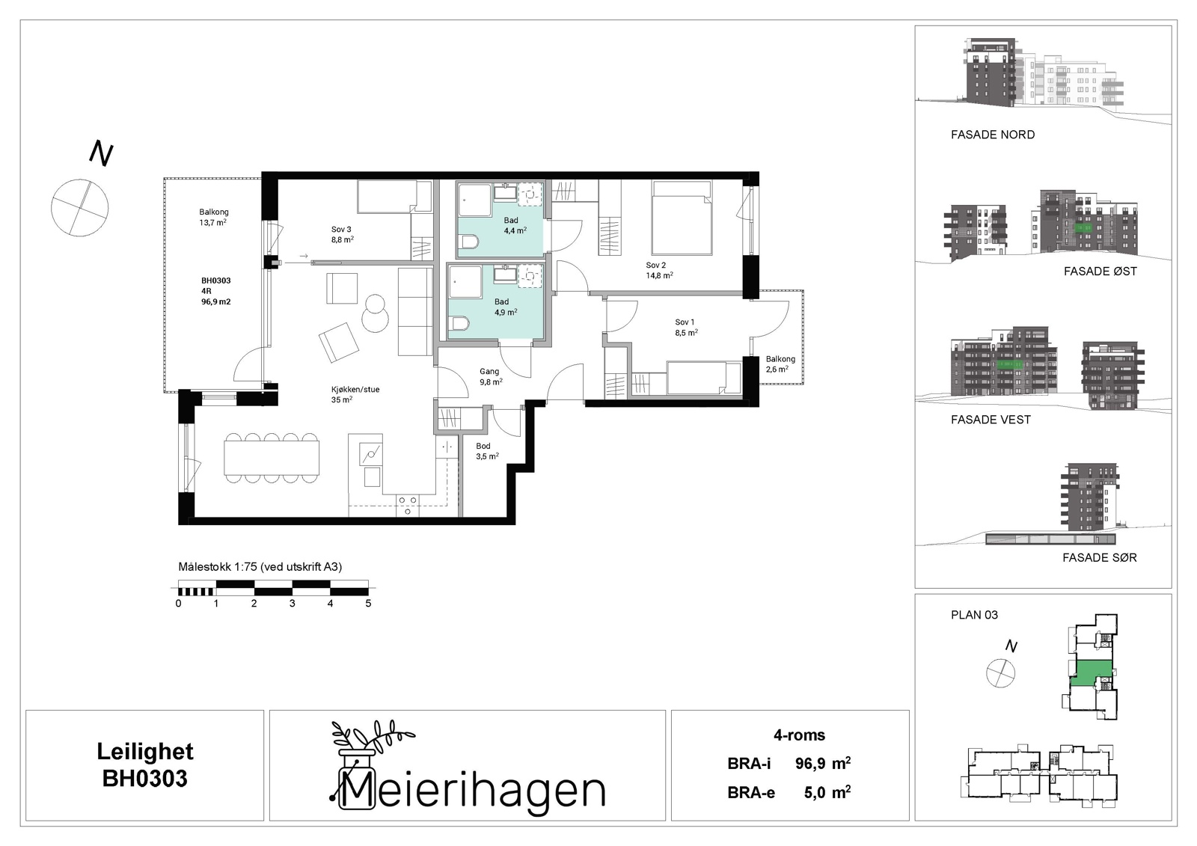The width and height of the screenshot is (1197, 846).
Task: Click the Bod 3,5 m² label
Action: point(487,451)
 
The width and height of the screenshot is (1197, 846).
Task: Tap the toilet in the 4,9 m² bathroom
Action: point(459,323)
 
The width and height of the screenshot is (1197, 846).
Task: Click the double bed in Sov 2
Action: point(682,218)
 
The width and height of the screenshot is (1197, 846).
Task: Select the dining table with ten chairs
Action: point(272,458)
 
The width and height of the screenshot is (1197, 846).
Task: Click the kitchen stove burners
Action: point(408,505)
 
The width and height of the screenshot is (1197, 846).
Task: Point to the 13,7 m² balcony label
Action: point(213,217)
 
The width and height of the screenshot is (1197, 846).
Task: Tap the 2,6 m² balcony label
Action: point(780,364)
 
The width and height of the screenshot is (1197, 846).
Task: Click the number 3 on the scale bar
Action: point(293,604)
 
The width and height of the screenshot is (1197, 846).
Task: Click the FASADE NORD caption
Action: point(992,135)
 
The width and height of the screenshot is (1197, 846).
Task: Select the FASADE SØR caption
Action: point(1099,557)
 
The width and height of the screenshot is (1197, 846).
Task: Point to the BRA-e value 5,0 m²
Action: point(827,792)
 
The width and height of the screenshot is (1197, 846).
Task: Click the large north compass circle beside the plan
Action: point(79,207)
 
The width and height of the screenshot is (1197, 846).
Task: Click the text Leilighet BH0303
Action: point(145,765)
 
